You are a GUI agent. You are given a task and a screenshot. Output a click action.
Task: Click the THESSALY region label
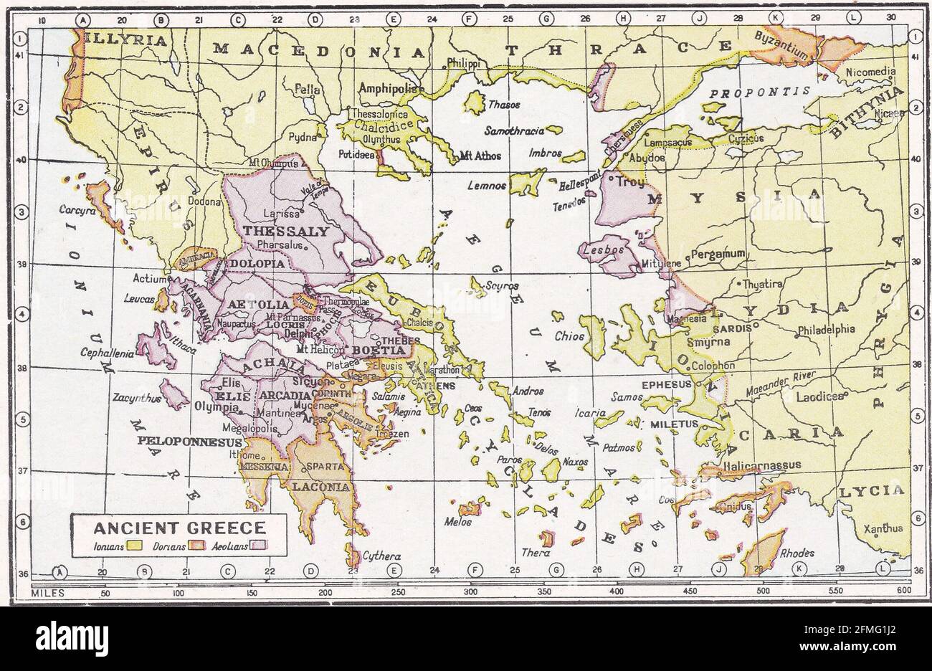point(286,232)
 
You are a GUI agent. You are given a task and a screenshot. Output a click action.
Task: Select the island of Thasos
point(473,102)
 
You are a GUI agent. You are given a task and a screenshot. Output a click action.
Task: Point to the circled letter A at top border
point(85,19)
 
